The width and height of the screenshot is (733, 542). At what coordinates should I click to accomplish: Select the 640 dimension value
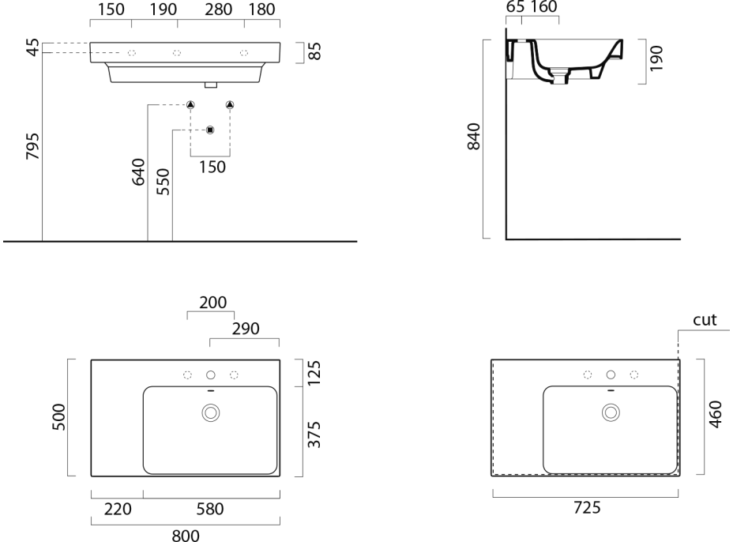138,172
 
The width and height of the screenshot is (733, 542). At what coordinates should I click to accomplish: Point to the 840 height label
474,139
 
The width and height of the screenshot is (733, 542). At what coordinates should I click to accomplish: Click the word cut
705,320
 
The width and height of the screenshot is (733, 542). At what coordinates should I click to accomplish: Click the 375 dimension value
314,431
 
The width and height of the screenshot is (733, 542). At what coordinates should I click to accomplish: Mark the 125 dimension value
314,373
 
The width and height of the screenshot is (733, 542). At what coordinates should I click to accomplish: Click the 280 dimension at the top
211,10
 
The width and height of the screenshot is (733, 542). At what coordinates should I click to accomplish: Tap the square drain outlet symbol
209,130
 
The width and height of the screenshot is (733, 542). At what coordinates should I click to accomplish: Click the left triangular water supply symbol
190,105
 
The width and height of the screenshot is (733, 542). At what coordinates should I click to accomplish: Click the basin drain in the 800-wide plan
211,412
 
